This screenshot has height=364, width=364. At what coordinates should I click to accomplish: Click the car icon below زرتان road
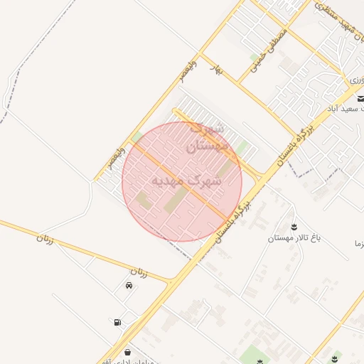tap(128, 286)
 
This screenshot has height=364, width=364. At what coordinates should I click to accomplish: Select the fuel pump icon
tap(116, 322)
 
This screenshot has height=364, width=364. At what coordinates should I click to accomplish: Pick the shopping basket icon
tap(127, 351)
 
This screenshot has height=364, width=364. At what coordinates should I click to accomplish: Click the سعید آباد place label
tap(344, 109)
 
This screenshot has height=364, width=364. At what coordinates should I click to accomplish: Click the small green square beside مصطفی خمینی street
tap(255, 57)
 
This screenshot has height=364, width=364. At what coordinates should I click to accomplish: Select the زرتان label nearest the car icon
tap(139, 272)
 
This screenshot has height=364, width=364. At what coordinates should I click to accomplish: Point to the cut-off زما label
tap(355, 244)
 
